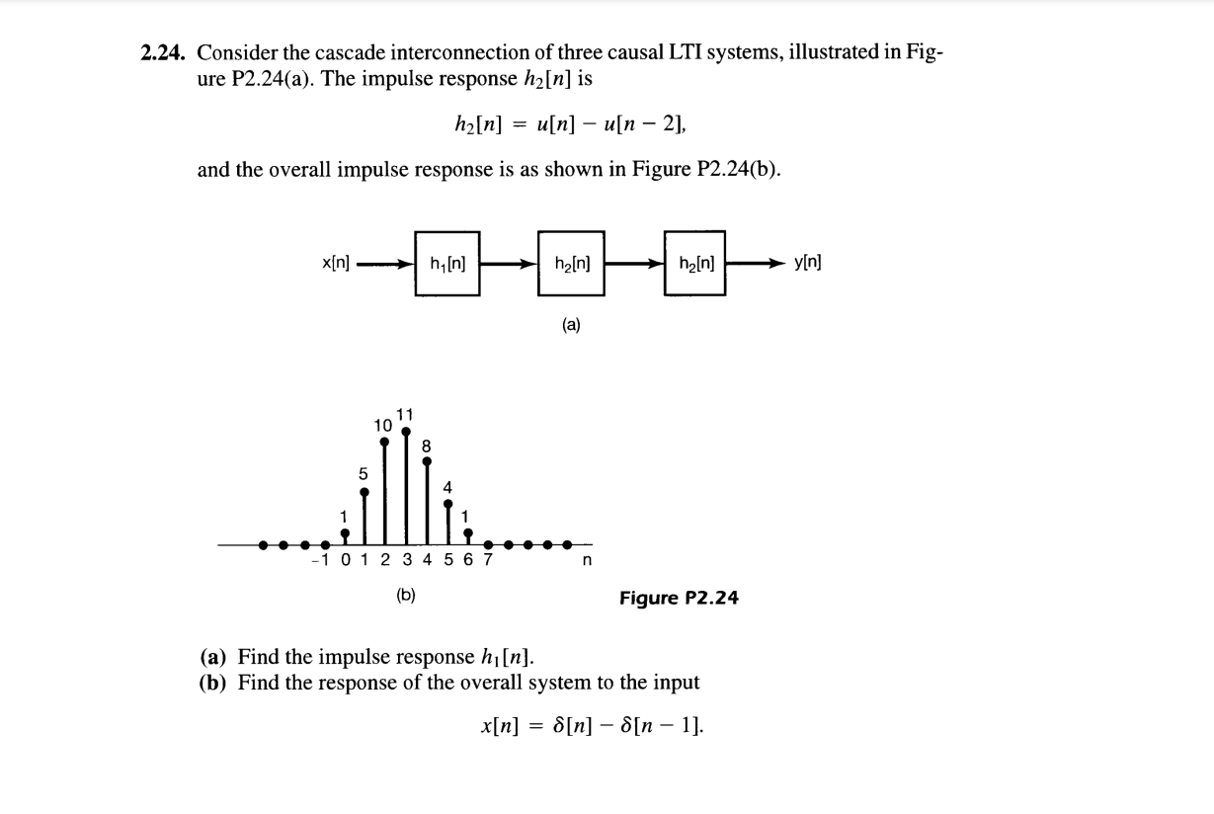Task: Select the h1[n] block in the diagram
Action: [446, 264]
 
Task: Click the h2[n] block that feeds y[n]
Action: [694, 264]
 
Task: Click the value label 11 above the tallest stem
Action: [405, 413]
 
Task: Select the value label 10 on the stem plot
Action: [383, 424]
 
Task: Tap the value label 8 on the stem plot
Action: [427, 446]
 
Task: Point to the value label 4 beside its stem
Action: [447, 487]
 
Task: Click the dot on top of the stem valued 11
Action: [405, 431]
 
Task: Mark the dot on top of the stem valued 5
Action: [364, 491]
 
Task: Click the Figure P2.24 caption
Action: [679, 598]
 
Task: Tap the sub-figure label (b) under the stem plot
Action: [405, 595]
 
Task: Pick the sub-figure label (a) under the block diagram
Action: [571, 323]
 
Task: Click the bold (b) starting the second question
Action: [214, 683]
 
